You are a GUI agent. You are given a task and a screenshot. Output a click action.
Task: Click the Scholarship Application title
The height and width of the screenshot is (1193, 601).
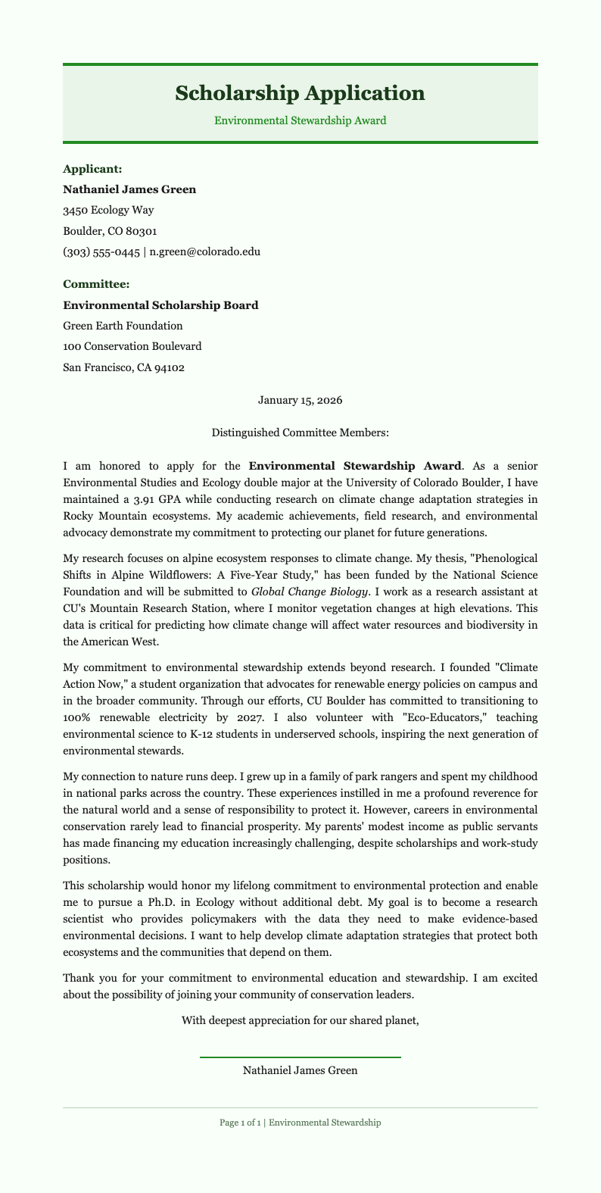300,93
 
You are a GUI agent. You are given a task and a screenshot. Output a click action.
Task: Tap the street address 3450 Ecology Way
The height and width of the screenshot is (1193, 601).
109,210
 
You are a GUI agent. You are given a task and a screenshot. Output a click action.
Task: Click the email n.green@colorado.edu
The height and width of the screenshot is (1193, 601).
205,251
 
